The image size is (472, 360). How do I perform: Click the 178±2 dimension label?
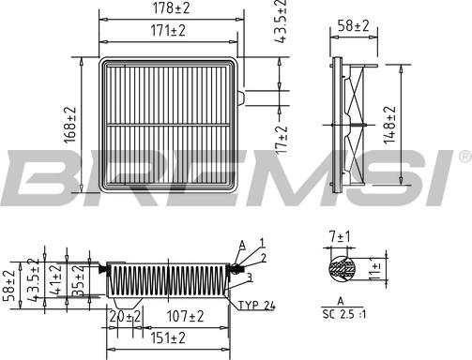[171, 8]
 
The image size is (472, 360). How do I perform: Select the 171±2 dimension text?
[168, 31]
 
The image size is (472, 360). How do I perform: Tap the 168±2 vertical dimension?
[70, 125]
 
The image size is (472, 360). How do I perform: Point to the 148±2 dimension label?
[390, 125]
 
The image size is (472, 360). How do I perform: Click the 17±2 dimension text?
[282, 140]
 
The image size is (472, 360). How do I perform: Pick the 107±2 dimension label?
[185, 316]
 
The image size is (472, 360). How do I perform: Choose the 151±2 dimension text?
[168, 338]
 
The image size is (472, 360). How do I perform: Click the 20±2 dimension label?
[126, 317]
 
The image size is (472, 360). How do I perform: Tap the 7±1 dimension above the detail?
[340, 237]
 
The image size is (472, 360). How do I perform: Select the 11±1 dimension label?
[374, 269]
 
